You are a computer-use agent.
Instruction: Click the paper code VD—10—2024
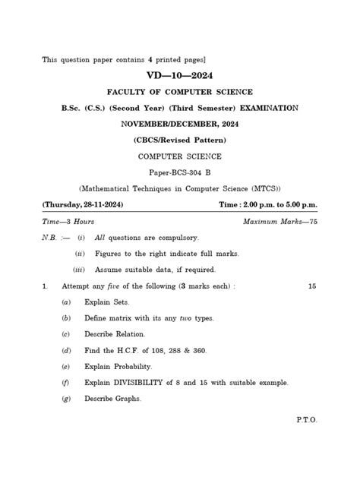click(180, 76)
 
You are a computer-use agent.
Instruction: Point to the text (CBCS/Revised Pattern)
click(179, 140)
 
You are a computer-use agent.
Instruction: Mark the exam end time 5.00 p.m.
click(299, 205)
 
